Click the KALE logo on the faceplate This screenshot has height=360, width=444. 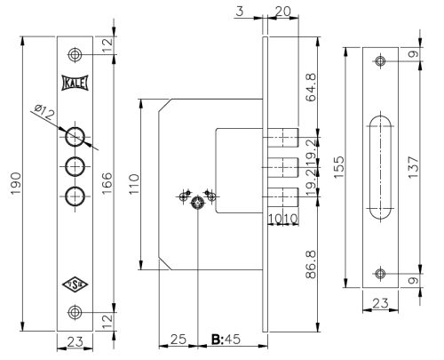pos(75,82)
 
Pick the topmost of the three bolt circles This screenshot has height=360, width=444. pos(75,136)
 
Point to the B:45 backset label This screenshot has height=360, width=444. pos(226,340)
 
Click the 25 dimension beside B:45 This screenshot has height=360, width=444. pos(177,340)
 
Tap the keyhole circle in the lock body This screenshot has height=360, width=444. pos(197,203)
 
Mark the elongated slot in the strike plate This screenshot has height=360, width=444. pos(380,167)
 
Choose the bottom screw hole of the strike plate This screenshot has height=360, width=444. pos(380,273)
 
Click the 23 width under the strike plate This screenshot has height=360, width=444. pos(380,303)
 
